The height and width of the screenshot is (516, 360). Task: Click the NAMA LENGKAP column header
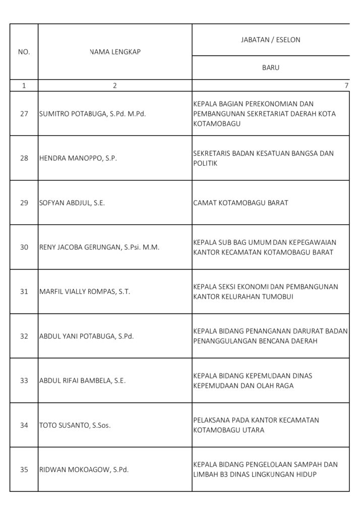click(x=114, y=51)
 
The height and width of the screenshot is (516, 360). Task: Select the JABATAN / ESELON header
click(x=270, y=40)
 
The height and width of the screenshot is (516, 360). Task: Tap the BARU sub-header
click(x=270, y=67)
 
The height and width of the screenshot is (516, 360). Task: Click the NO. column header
click(x=24, y=51)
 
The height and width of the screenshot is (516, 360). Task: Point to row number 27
click(x=24, y=113)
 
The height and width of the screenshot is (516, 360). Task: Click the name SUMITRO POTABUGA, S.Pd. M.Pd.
click(x=92, y=113)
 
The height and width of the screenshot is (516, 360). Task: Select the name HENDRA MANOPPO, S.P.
click(x=78, y=158)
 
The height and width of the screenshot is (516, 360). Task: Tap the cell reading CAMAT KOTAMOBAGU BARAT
click(x=241, y=203)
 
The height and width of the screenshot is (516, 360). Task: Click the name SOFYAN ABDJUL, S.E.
click(x=72, y=203)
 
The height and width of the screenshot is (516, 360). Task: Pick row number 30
click(x=24, y=247)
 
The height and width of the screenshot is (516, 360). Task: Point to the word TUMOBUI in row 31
click(x=277, y=297)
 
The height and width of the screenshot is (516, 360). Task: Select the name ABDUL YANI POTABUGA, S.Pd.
click(x=86, y=336)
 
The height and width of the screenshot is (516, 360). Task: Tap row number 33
click(x=24, y=380)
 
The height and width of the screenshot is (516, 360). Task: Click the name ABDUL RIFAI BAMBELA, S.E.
click(x=82, y=380)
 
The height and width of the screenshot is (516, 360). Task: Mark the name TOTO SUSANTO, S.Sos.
click(x=75, y=425)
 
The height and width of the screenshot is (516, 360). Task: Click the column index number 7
click(x=346, y=86)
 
